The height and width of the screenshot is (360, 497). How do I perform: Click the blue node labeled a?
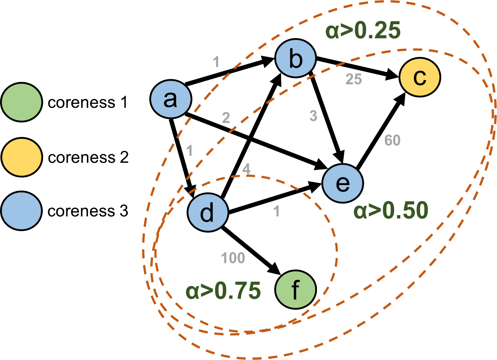pyautogui.click(x=171, y=99)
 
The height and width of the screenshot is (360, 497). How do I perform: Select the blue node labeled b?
pyautogui.click(x=296, y=58)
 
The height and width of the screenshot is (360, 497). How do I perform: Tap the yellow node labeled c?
pyautogui.click(x=419, y=77)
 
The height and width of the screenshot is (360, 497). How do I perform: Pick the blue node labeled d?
pyautogui.click(x=208, y=213)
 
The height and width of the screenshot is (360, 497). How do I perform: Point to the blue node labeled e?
pyautogui.click(x=342, y=183)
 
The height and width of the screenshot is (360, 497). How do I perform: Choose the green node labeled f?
pyautogui.click(x=295, y=290)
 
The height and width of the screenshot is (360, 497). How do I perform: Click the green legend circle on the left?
pyautogui.click(x=22, y=102)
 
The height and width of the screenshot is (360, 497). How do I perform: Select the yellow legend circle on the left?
pyautogui.click(x=22, y=157)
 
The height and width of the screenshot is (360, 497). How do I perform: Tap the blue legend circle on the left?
pyautogui.click(x=22, y=211)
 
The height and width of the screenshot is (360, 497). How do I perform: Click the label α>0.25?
pyautogui.click(x=363, y=30)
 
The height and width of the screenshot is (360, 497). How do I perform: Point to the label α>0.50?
pyautogui.click(x=390, y=210)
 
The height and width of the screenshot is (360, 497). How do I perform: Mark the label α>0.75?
pyautogui.click(x=223, y=290)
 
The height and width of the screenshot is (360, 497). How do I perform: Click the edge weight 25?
pyautogui.click(x=354, y=79)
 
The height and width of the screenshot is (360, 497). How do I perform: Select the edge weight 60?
pyautogui.click(x=392, y=141)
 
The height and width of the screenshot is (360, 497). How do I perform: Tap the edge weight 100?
pyautogui.click(x=233, y=258)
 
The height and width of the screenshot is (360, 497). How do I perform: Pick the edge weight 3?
pyautogui.click(x=313, y=116)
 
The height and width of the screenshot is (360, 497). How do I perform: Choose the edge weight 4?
pyautogui.click(x=246, y=169)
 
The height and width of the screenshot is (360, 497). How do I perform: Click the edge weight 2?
pyautogui.click(x=226, y=118)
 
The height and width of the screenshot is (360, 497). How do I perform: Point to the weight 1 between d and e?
pyautogui.click(x=276, y=212)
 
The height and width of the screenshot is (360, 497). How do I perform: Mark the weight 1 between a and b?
pyautogui.click(x=216, y=62)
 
